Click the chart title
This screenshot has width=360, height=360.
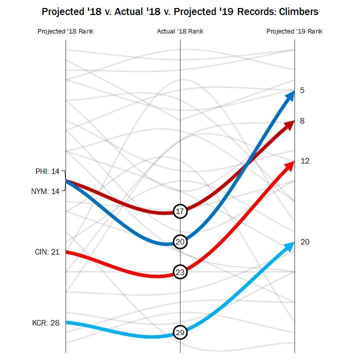point(180,11)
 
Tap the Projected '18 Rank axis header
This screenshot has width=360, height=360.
point(65,31)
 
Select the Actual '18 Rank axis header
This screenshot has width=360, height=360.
point(180,31)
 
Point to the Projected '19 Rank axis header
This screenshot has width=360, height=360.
point(294,31)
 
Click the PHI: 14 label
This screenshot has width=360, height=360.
point(47,171)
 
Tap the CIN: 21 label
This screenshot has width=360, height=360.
point(47,252)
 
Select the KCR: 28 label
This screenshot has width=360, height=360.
point(46,322)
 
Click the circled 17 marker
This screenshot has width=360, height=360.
point(180,211)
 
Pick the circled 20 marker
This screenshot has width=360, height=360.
point(180,241)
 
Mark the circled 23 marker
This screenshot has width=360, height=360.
point(180,272)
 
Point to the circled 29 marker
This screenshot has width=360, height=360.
point(180,332)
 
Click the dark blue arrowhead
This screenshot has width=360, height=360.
point(289,95)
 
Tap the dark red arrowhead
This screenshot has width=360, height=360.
point(288,124)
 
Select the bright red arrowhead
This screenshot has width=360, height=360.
point(288,165)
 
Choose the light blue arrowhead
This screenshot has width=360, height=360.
point(288,245)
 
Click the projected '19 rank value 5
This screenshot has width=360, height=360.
point(302,90)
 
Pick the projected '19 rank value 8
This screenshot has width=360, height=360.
point(302,121)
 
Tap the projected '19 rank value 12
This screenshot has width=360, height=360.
point(305,161)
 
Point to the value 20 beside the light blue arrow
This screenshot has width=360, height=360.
point(305,242)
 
